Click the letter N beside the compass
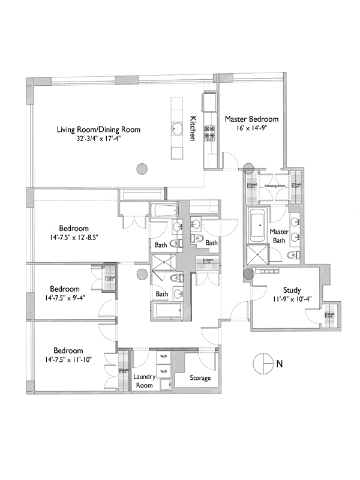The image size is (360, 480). [280, 363]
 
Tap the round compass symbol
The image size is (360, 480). [264, 362]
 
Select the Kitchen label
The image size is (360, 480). [193, 128]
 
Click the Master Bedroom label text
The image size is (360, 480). [251, 119]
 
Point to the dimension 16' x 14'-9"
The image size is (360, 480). [251, 129]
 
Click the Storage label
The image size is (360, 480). [200, 378]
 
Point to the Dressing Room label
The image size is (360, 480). [275, 186]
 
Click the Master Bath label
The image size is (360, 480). [279, 236]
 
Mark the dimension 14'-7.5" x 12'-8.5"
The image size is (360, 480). [74, 237]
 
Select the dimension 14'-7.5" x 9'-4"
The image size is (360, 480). [66, 297]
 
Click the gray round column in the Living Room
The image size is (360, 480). [142, 169]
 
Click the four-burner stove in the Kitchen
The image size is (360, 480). [211, 133]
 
